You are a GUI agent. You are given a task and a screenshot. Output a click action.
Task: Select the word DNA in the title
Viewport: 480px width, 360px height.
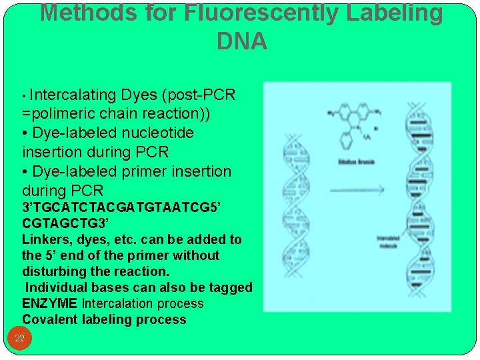tap(242, 42)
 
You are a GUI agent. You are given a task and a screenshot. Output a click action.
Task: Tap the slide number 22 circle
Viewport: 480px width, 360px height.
tap(19, 338)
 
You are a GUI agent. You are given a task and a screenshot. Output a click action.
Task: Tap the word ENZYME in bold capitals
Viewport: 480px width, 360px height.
tap(49, 303)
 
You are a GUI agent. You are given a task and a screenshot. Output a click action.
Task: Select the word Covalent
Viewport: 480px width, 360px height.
tap(50, 319)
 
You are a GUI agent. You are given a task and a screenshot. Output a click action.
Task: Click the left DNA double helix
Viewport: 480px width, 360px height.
tap(295, 220)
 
